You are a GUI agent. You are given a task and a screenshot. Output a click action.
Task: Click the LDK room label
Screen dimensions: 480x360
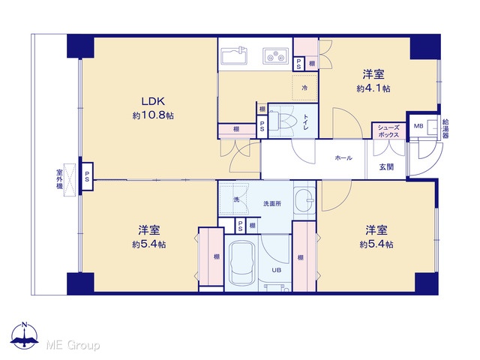153,101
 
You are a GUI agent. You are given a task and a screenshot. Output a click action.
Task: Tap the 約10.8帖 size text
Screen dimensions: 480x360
153,115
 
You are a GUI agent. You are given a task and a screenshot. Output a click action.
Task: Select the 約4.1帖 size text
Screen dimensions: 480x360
373,88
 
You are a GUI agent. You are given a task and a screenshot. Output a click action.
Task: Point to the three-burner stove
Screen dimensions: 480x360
275,56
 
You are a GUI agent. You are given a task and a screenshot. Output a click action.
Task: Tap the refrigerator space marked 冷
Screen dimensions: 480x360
304,88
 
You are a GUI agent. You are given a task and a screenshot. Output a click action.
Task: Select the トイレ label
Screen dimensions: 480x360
306,121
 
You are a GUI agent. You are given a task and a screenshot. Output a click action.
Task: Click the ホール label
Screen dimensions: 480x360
343,158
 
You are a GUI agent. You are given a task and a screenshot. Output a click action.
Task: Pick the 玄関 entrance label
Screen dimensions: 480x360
386,167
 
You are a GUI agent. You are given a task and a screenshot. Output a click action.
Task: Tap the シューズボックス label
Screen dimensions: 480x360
388,131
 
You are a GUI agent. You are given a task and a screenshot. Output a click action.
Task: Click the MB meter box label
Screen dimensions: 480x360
418,126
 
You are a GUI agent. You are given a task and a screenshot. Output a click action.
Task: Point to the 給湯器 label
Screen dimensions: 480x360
445,128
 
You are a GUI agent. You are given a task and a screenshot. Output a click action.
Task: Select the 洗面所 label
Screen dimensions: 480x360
272,203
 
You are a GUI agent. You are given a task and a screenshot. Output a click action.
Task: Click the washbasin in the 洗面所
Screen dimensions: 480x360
304,200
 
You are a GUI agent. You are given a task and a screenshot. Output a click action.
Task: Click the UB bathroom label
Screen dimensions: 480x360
277,270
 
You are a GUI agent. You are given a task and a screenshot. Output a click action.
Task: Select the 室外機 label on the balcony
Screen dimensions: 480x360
59,178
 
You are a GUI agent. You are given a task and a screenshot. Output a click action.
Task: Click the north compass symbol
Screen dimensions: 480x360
24,336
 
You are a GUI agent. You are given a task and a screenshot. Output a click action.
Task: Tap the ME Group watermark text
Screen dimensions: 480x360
73,346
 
